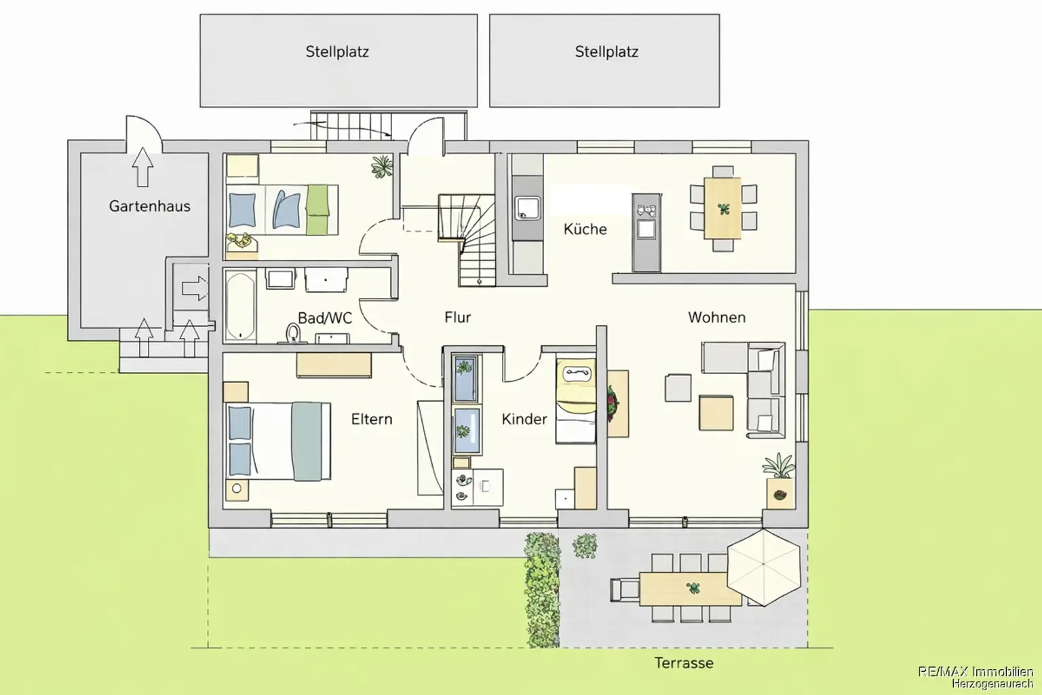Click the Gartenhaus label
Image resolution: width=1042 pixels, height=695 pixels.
pyautogui.click(x=150, y=206)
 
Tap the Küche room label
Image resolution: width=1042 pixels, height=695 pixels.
pyautogui.click(x=585, y=229)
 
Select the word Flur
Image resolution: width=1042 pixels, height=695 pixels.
pyautogui.click(x=458, y=318)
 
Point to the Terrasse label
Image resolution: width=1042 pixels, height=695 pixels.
pyautogui.click(x=684, y=663)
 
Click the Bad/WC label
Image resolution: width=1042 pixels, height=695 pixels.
pyautogui.click(x=325, y=318)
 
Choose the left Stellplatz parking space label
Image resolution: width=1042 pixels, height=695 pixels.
pyautogui.click(x=337, y=52)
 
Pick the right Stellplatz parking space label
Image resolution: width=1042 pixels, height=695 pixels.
pyautogui.click(x=606, y=52)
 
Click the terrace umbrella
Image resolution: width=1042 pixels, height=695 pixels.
pyautogui.click(x=764, y=567)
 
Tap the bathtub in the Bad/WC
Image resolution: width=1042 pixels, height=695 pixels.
pyautogui.click(x=241, y=306)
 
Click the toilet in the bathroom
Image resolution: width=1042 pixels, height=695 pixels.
pyautogui.click(x=292, y=334)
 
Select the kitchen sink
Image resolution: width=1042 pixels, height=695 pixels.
pyautogui.click(x=528, y=208)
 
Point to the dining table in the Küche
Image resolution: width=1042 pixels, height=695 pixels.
pyautogui.click(x=722, y=208)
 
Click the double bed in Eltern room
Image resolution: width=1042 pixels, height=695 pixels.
pyautogui.click(x=279, y=441)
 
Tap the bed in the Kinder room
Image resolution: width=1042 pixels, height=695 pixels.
pyautogui.click(x=576, y=400)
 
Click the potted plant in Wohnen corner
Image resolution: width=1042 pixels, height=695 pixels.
pyautogui.click(x=779, y=481)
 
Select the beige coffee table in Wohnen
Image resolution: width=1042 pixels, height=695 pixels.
pyautogui.click(x=716, y=413)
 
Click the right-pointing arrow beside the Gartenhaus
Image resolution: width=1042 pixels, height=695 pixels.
pyautogui.click(x=195, y=288)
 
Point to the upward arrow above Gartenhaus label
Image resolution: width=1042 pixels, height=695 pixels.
pyautogui.click(x=142, y=167)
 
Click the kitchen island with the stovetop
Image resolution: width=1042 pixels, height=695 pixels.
pyautogui.click(x=647, y=233)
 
